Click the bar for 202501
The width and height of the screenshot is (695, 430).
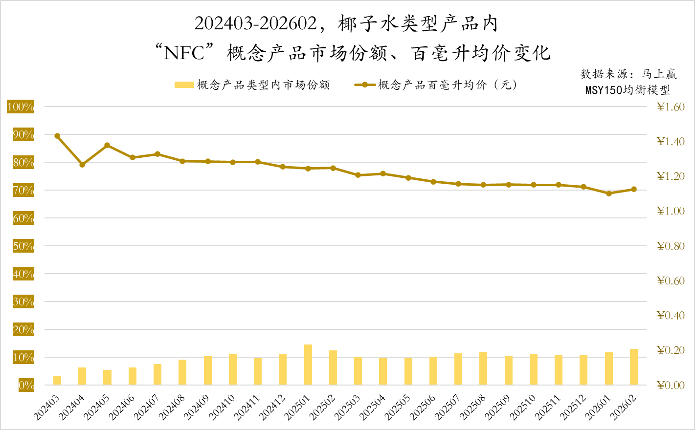click(308, 365)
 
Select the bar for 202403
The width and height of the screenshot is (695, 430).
click(57, 381)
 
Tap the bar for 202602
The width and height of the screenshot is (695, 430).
click(634, 367)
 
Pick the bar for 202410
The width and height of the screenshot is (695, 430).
click(233, 369)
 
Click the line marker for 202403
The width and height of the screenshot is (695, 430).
click(57, 136)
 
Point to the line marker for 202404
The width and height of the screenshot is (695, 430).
click(82, 165)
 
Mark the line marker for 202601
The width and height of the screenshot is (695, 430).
click(609, 193)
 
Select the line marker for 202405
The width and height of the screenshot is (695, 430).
click(107, 145)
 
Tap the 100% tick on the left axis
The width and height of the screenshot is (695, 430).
click(21, 107)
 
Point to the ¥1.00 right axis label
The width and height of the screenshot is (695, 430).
click(671, 211)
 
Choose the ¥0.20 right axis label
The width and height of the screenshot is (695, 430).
click(671, 350)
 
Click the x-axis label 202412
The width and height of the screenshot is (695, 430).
click(272, 408)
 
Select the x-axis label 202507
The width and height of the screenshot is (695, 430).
click(448, 408)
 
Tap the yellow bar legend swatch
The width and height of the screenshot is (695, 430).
click(184, 85)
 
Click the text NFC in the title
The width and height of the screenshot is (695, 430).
click(184, 53)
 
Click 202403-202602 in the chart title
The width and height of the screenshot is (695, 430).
click(256, 23)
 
